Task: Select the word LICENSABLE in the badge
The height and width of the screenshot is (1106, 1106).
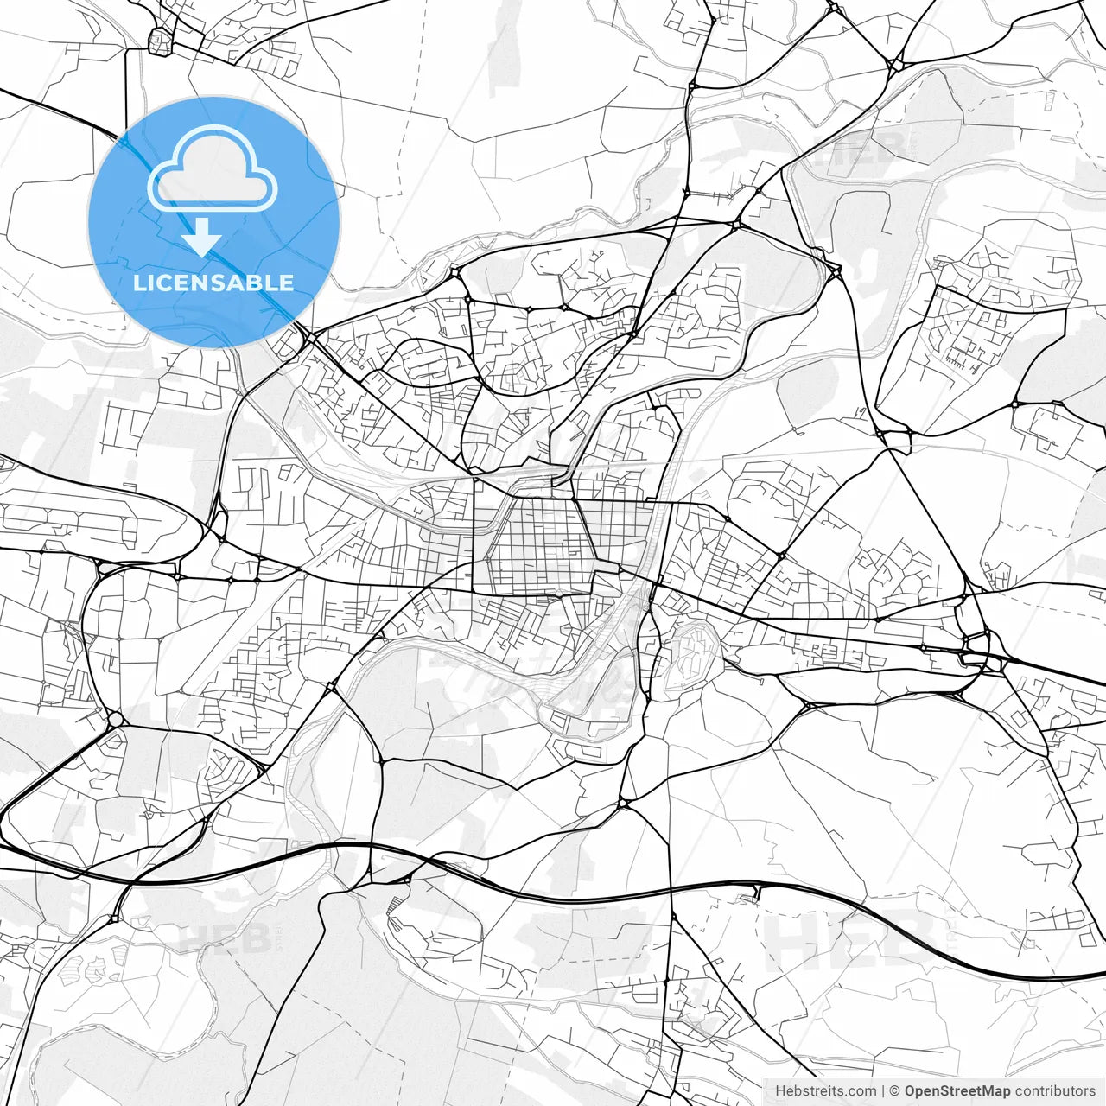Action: click(213, 283)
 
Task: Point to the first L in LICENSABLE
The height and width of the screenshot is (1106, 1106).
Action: click(138, 283)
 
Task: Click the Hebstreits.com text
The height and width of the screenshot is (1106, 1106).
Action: click(825, 1091)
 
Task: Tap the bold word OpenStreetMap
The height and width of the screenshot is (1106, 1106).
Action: click(957, 1091)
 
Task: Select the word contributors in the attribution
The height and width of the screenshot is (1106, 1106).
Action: click(1055, 1091)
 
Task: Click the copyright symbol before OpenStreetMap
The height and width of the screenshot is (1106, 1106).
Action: click(895, 1091)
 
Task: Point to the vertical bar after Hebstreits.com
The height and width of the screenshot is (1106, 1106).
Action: click(882, 1091)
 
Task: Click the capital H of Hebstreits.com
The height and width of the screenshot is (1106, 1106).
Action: click(780, 1091)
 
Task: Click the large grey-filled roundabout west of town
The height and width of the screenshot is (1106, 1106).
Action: click(115, 719)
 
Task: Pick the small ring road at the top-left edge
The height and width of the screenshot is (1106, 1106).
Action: click(161, 41)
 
